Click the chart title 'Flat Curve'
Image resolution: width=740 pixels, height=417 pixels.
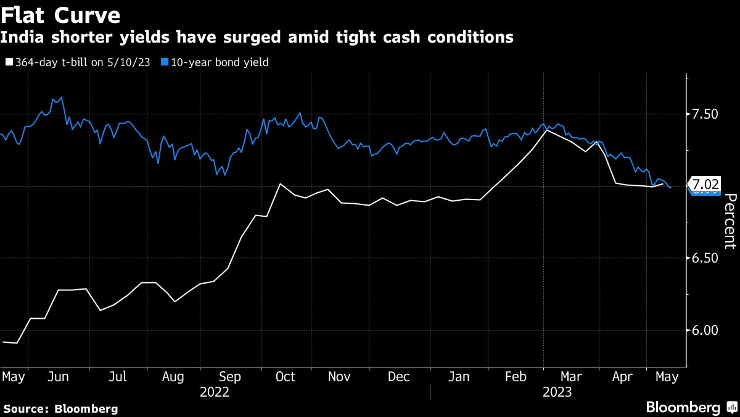point(60,14)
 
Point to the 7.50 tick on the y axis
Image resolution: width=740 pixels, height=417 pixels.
point(704,114)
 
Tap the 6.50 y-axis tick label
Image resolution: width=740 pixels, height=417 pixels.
point(704,258)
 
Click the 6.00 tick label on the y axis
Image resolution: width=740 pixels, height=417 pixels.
point(704,330)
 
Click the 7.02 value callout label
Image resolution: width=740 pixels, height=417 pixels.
point(705,184)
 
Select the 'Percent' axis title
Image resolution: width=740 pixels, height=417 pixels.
point(730,221)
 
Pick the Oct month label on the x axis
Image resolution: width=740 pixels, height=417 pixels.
point(286,376)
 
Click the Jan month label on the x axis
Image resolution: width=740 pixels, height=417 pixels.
point(457,376)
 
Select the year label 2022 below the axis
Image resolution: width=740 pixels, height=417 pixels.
point(215,392)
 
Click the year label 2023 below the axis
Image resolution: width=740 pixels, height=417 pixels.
point(557,392)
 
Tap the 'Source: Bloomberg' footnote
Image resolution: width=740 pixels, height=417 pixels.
point(60,408)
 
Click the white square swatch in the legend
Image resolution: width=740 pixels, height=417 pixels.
point(9,62)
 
